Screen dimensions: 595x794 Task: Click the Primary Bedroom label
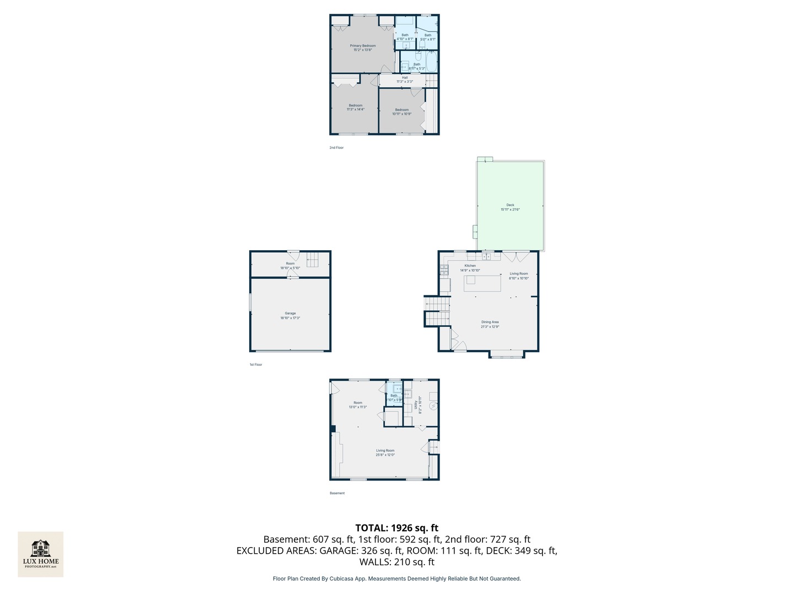pyautogui.click(x=362, y=46)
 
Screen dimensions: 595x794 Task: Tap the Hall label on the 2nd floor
pyautogui.click(x=405, y=78)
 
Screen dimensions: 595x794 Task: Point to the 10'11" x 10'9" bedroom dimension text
pyautogui.click(x=401, y=114)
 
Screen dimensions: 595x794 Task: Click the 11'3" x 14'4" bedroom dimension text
pyautogui.click(x=355, y=110)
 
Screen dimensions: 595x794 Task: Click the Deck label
pyautogui.click(x=510, y=205)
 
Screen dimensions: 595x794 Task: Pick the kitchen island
pyautogui.click(x=482, y=283)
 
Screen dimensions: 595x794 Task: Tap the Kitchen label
pyautogui.click(x=470, y=266)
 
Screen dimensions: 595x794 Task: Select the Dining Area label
pyautogui.click(x=490, y=322)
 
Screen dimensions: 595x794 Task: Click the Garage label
pyautogui.click(x=290, y=313)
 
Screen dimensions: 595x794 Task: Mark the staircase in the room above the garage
pyautogui.click(x=313, y=259)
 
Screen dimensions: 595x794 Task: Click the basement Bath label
pyautogui.click(x=394, y=396)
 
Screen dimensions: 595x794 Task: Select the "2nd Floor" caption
pyautogui.click(x=336, y=148)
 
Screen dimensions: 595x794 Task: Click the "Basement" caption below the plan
pyautogui.click(x=337, y=493)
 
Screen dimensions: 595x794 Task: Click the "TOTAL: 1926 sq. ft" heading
pyautogui.click(x=396, y=528)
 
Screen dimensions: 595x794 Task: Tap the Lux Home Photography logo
pyautogui.click(x=41, y=554)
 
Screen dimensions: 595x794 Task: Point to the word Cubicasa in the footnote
pyautogui.click(x=342, y=578)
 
